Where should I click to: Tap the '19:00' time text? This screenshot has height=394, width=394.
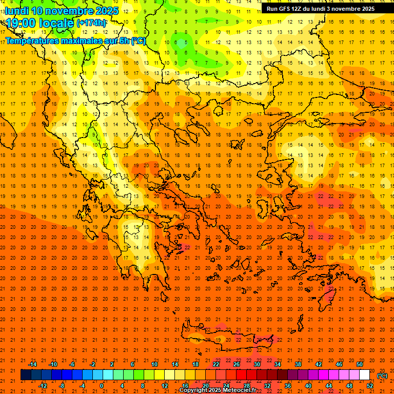(x=19, y=23)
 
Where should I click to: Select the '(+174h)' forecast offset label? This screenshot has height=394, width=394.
(x=91, y=23)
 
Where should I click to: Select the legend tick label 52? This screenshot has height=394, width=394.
(x=370, y=386)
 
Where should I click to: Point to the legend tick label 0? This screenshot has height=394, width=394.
(x=102, y=386)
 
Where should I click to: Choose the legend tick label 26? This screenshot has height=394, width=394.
(x=237, y=364)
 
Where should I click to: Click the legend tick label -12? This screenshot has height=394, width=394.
(x=43, y=386)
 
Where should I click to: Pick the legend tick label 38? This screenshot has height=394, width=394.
(x=298, y=364)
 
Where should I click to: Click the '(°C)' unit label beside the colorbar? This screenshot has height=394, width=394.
(x=382, y=376)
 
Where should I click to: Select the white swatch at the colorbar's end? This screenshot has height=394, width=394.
(x=365, y=375)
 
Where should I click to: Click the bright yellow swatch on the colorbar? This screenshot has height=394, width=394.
(x=160, y=375)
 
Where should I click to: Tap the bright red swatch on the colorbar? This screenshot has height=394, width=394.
(x=242, y=375)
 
